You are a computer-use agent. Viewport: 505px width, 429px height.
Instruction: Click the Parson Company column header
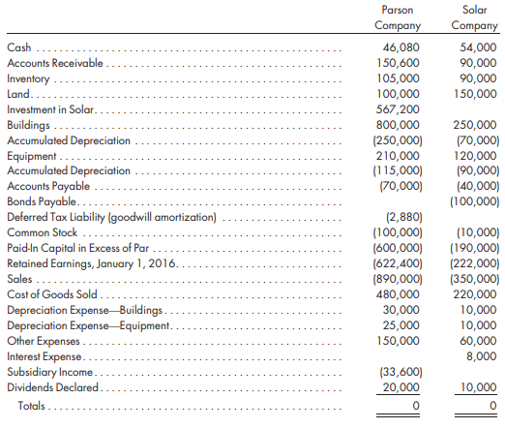398,17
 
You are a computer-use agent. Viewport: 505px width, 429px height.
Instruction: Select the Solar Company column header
474,17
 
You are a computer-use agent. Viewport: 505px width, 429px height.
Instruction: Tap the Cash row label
19,47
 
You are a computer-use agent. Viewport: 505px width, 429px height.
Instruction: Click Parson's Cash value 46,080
401,47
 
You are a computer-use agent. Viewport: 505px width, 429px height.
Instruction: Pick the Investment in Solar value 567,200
398,109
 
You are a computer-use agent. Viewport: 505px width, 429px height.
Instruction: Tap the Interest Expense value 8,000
482,356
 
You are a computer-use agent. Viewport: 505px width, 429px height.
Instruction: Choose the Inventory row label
28,78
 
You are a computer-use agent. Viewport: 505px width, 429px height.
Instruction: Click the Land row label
18,94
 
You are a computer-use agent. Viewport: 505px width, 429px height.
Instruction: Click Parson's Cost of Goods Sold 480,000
398,294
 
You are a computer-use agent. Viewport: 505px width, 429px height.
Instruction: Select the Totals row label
31,406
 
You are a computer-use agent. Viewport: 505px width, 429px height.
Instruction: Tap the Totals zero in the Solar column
492,406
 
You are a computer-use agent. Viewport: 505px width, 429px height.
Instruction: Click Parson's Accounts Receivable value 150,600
399,63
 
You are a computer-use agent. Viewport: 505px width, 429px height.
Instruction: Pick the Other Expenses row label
44,341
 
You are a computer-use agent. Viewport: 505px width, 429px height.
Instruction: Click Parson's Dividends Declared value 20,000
401,387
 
